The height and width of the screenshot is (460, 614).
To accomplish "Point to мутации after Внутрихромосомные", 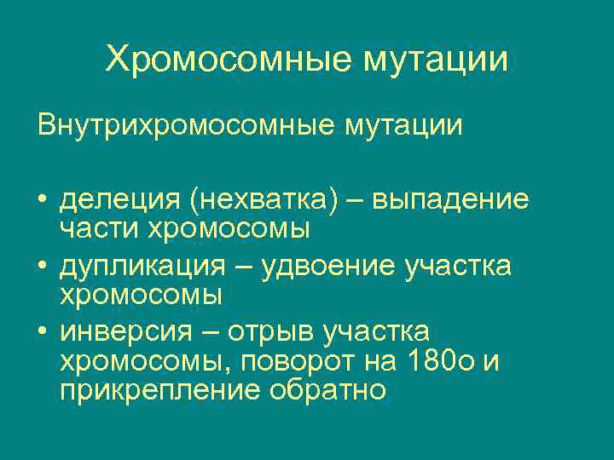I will tap(403, 125).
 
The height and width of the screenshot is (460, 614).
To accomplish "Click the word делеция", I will tap(119, 201).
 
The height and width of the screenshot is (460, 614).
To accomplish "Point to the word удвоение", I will tap(324, 267).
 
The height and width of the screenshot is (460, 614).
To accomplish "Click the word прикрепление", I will tap(159, 391).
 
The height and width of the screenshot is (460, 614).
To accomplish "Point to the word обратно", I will tap(327, 391).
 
